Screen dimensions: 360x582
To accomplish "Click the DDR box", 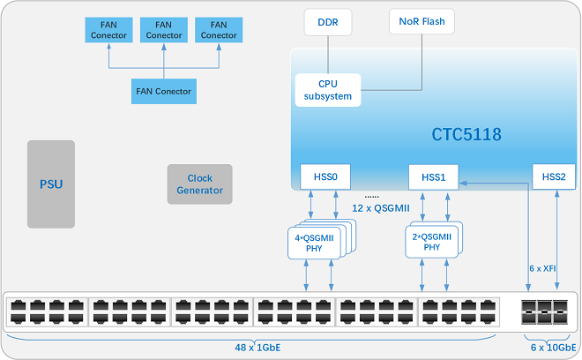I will coord(327,20).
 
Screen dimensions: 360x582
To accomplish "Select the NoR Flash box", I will coord(416,20).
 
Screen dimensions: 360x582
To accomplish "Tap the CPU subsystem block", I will coord(328,90).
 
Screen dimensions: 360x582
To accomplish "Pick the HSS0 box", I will coord(325,176).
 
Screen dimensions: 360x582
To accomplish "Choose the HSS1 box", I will coord(434,176).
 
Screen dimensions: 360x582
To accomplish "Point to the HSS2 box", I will coord(554,176).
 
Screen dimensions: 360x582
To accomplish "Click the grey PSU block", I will coord(51,184).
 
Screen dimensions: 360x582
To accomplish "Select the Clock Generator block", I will coord(200,184).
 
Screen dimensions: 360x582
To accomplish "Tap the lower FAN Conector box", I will coord(163,91).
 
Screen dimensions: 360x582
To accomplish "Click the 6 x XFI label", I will coord(542,267).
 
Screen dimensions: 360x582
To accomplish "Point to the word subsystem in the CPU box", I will coord(328,96).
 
